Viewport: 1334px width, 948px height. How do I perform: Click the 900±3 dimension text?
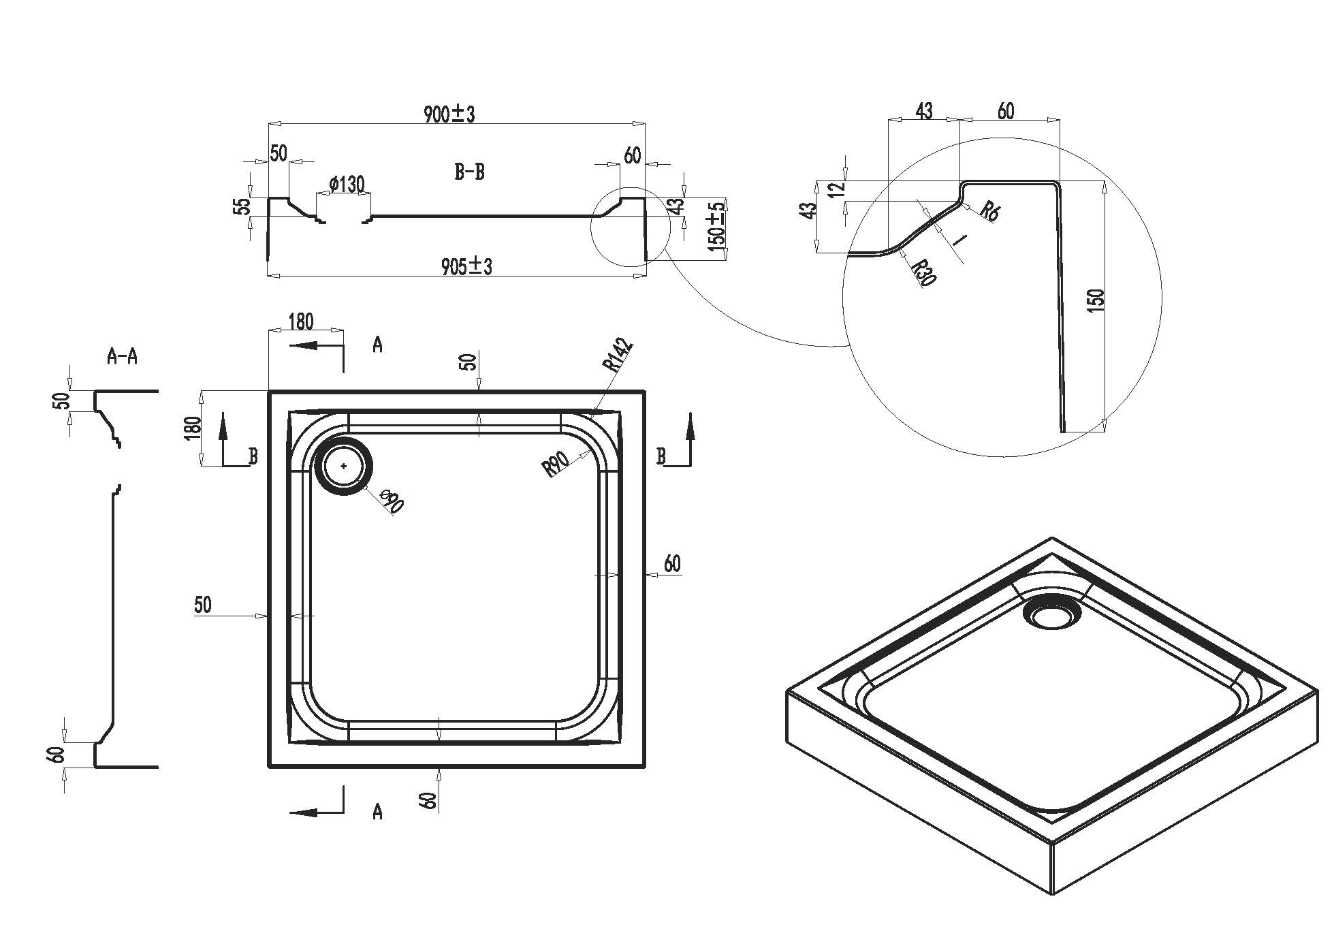click(449, 114)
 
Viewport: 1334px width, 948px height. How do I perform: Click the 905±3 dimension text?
click(466, 266)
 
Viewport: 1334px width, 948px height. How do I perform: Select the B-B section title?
click(469, 172)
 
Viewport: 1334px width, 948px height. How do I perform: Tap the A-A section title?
click(123, 355)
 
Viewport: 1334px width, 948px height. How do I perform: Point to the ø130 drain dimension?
click(347, 184)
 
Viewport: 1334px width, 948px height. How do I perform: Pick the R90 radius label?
click(556, 463)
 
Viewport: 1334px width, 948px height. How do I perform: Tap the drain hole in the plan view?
click(344, 467)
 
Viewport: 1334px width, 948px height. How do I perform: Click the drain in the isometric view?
click(1051, 615)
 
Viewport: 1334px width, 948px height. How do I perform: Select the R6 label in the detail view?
click(989, 211)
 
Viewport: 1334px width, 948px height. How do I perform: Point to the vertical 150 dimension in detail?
click(1096, 300)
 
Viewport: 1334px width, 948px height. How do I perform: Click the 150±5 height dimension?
click(717, 228)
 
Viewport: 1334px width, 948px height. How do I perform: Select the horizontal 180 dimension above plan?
click(300, 321)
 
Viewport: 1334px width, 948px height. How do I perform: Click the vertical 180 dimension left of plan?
click(193, 428)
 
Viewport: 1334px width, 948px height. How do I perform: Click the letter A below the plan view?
click(377, 812)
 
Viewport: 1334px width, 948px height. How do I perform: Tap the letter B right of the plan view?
click(660, 456)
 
